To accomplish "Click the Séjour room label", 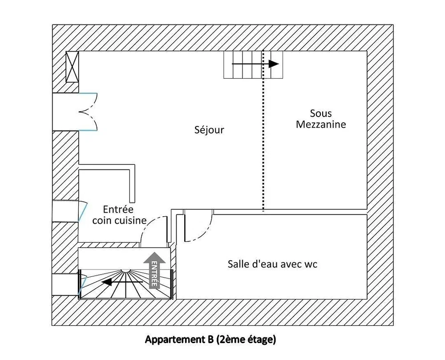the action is [x=209, y=130].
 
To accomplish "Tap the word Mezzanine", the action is [x=321, y=125].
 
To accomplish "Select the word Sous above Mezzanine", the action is [x=321, y=113].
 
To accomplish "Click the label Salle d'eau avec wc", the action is [x=272, y=264].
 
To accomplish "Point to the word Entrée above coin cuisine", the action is [x=118, y=209].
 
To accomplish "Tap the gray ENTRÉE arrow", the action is [x=154, y=271].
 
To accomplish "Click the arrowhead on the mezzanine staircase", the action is [x=274, y=64].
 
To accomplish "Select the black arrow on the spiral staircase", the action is [x=122, y=282].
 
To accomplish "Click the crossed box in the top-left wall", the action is [x=72, y=67].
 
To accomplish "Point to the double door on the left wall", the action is [x=88, y=112].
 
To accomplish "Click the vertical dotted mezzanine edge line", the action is [x=263, y=130].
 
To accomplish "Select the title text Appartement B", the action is [x=179, y=339].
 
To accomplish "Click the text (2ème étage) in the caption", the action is [x=246, y=339].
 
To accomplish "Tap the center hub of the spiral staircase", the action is [x=125, y=271].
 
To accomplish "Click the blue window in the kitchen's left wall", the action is [x=83, y=211].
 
